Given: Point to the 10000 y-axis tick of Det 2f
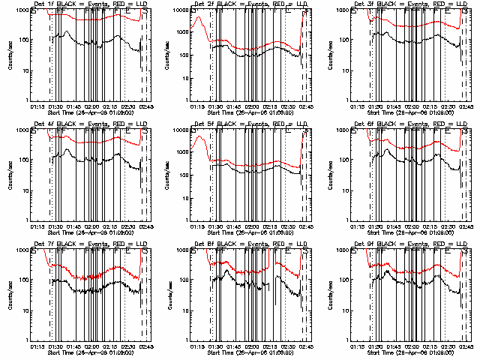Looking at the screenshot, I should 179,10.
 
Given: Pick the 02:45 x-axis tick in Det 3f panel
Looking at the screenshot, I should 466,106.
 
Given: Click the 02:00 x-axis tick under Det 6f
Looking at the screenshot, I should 411,226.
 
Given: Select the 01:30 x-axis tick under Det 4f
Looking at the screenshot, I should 55,226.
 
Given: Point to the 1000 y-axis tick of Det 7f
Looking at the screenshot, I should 19,250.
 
